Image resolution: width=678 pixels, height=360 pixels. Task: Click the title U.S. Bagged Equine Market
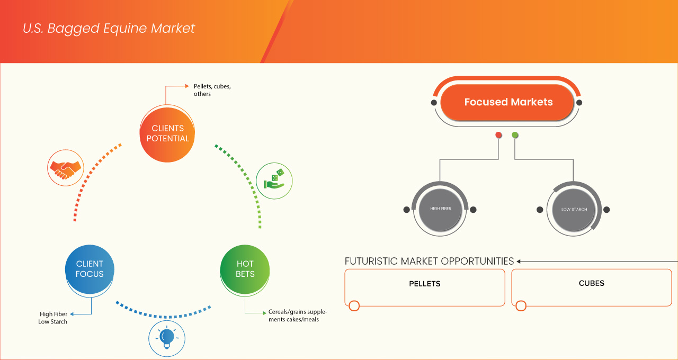109,29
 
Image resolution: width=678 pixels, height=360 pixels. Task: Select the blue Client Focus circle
90,269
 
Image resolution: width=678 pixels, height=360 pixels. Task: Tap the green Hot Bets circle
245,269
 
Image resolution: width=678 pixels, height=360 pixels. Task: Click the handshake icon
66,167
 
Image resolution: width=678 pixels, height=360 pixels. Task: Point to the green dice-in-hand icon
274,181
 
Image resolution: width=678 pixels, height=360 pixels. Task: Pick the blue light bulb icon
167,337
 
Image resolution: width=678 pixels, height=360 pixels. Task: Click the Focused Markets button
508,102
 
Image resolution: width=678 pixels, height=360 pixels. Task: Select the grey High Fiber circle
441,209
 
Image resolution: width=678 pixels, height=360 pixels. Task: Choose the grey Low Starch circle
574,210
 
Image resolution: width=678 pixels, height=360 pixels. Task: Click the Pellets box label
425,284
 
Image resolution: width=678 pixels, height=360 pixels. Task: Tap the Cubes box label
592,283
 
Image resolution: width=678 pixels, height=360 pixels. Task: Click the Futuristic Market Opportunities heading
429,261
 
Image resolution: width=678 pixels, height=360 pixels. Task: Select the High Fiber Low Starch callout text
53,318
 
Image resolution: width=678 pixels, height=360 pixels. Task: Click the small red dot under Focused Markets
498,135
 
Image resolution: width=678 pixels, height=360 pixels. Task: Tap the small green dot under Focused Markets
515,135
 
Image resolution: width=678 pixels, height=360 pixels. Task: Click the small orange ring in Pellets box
354,305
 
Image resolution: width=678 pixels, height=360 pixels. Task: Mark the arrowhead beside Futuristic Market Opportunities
519,261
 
